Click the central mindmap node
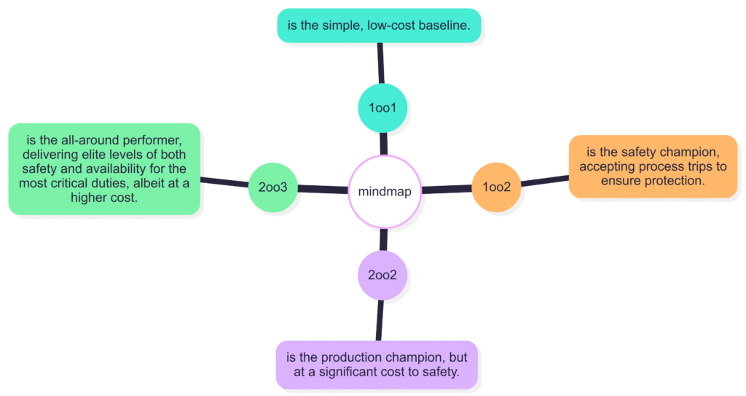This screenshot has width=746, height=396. tap(385, 191)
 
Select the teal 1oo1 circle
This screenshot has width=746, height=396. tap(382, 108)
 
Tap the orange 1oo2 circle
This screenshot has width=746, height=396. tap(497, 187)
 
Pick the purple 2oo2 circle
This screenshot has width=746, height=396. tap(382, 276)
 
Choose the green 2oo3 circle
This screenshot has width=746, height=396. tap(273, 187)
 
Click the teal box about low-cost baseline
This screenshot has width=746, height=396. tap(379, 26)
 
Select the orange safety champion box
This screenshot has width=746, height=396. tap(653, 166)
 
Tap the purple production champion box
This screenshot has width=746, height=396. tap(377, 365)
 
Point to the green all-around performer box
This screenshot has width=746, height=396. tap(104, 168)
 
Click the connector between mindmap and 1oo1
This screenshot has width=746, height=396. tap(383, 144)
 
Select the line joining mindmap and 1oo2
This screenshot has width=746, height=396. tap(447, 190)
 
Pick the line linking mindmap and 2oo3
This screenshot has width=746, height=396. tap(323, 190)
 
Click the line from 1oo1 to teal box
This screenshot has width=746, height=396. tap(380, 63)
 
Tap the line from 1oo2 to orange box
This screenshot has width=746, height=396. tap(545, 180)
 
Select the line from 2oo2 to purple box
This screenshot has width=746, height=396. tap(379, 321)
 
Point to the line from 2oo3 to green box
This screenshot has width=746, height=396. tap(224, 182)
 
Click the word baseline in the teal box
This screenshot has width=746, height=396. tap(446, 26)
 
